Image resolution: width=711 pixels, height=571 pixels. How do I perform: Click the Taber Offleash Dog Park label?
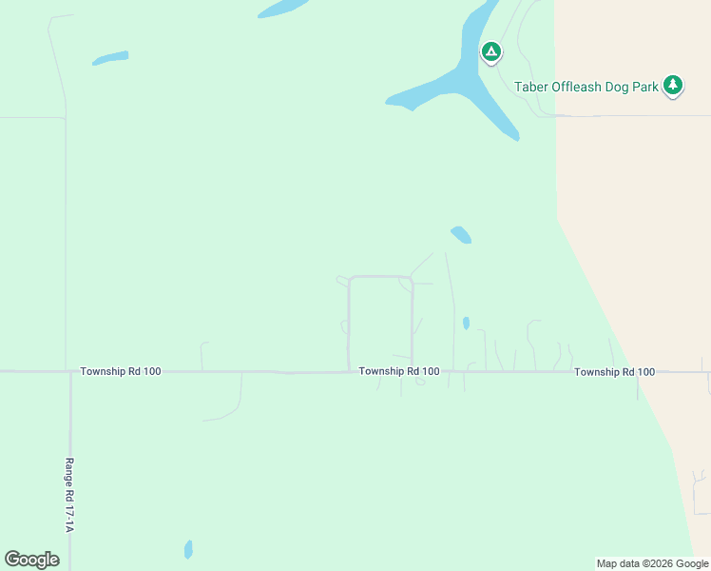point(586,87)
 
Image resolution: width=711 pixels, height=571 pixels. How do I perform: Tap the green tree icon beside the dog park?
point(673,86)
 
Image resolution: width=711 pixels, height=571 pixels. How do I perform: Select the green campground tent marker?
point(491,51)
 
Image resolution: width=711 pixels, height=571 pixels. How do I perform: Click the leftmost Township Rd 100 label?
point(121,371)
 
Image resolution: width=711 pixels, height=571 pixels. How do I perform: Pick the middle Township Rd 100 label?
point(399,371)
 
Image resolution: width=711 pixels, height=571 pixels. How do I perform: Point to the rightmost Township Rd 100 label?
point(614,371)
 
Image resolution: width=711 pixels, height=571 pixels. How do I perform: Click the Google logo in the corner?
point(31,560)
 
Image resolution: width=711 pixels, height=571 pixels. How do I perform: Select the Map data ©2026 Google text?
point(652,563)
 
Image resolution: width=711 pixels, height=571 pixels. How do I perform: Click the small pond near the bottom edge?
point(188,549)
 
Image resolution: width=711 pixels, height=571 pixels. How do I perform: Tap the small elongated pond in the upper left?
point(110,58)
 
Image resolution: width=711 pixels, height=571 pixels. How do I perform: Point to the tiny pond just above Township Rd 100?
point(466,324)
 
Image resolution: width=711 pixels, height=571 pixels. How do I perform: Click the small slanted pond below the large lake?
point(461,234)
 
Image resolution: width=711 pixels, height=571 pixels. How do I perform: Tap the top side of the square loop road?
point(380,277)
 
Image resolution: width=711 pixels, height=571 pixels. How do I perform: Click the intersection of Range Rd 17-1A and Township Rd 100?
point(70,372)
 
